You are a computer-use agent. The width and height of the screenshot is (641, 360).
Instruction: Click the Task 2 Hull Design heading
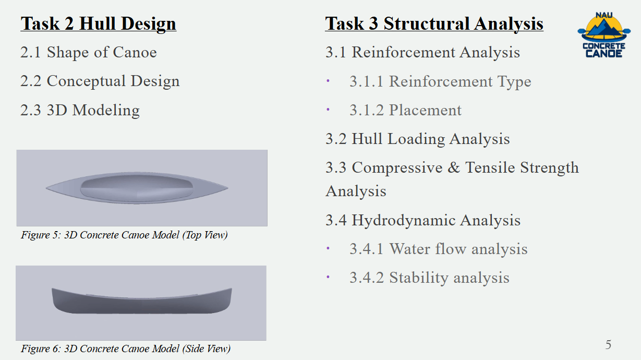pos(99,24)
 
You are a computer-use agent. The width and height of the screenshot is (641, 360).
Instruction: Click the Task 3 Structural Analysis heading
pos(434,24)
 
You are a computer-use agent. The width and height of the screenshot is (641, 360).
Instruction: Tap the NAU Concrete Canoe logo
pos(604,35)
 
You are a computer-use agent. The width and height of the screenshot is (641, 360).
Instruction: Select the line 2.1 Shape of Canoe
pos(89,52)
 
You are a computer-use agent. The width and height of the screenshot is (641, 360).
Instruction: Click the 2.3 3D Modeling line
pos(80,110)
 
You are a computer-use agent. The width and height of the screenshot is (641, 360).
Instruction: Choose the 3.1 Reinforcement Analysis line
pos(422,52)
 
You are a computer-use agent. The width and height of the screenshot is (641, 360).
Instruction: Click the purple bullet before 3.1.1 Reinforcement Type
pos(328,81)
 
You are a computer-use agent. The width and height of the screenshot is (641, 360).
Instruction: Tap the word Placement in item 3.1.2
pos(425,110)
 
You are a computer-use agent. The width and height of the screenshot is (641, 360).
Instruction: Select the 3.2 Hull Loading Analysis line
pos(418,139)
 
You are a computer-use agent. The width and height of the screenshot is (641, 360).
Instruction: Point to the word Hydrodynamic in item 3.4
pos(404,220)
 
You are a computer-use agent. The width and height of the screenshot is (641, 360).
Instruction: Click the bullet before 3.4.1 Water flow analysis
pos(328,248)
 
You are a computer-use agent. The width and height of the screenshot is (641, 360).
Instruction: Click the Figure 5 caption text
pos(124,235)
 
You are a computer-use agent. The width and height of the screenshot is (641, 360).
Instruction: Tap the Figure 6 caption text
pos(126,349)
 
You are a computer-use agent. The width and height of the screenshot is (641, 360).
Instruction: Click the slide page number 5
pos(608,344)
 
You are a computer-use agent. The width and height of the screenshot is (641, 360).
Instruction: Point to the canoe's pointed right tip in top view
pos(228,188)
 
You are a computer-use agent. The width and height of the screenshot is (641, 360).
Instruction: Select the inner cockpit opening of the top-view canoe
pos(137,188)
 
